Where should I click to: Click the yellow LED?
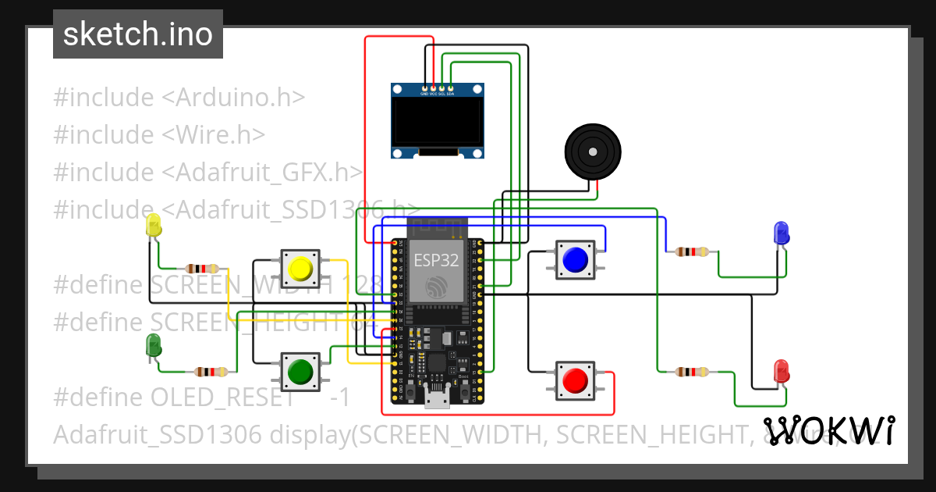pos(154,226)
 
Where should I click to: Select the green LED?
pos(154,345)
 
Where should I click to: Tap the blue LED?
pos(781,233)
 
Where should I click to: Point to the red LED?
pos(781,370)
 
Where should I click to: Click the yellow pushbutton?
pos(300,269)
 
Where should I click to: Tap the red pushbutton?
pos(576,380)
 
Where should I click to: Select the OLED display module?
pos(437,121)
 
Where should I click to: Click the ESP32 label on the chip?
pos(436,260)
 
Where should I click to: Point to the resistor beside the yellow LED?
pos(201,269)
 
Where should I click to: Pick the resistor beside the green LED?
pos(211,372)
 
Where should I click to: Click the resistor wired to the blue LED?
pos(692,251)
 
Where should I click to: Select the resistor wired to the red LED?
pos(692,372)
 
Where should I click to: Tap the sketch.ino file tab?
pos(138,34)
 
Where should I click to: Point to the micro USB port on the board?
pos(437,401)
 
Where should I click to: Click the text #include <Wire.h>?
pos(159,134)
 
